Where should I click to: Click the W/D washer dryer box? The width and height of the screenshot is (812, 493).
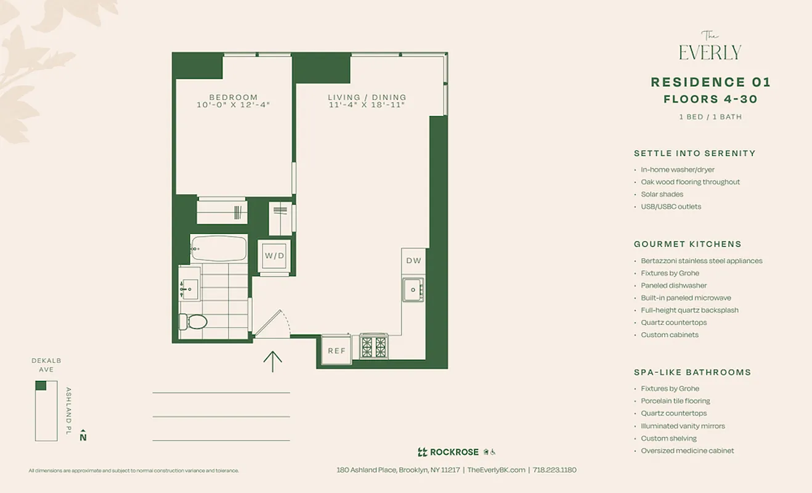click(275, 255)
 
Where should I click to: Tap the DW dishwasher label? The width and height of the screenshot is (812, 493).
click(413, 261)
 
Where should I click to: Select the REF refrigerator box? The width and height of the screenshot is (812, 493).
click(336, 351)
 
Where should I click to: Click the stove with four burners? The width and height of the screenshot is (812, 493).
click(374, 346)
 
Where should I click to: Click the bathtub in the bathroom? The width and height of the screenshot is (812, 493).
click(219, 248)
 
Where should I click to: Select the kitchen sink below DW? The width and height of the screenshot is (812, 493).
click(413, 289)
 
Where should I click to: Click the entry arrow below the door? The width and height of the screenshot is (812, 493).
click(272, 361)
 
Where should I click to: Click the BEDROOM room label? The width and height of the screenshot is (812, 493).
click(233, 97)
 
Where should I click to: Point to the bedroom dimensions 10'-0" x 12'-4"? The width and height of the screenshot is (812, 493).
click(233, 105)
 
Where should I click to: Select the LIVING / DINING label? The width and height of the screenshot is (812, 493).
click(367, 97)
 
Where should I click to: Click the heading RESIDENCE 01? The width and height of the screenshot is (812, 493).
click(710, 83)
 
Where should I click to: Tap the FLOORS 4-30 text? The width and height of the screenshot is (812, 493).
click(710, 99)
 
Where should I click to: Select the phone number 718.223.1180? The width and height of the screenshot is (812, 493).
click(554, 470)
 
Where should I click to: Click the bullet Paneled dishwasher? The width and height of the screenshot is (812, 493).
click(673, 285)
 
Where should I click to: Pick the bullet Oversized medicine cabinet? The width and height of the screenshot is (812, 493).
click(687, 450)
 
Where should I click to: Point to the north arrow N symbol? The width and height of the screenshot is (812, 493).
click(83, 436)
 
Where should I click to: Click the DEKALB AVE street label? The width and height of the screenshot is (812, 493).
click(46, 365)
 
